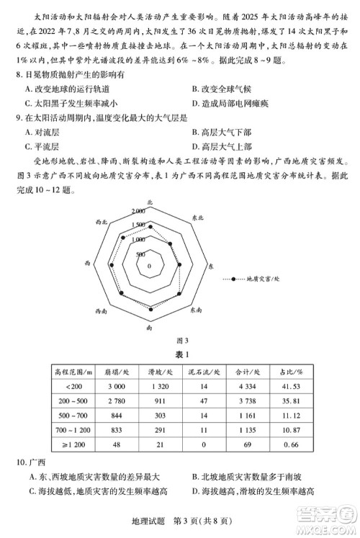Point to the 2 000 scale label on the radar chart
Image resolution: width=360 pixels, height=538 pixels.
tap(138, 211)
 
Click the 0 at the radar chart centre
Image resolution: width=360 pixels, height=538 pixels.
tap(149, 266)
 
